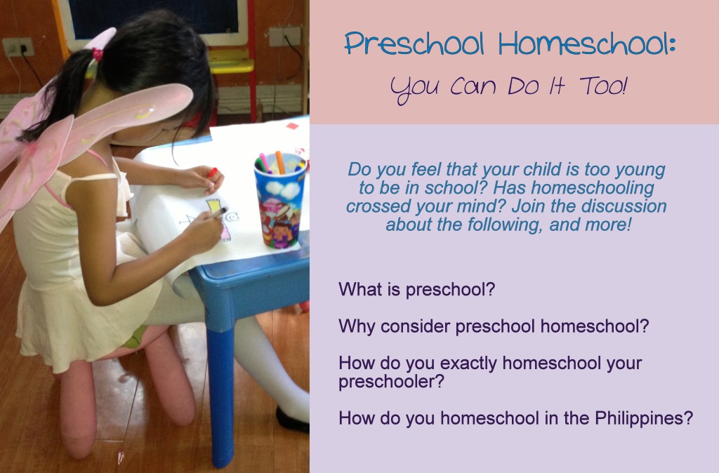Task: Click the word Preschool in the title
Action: click(414, 44)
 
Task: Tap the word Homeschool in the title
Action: click(588, 44)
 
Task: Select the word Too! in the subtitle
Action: click(603, 86)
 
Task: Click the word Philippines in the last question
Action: click(644, 418)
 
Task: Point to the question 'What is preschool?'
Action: click(417, 290)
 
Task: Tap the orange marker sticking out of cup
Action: click(279, 162)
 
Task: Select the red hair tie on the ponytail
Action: click(98, 55)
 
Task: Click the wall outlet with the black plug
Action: click(18, 47)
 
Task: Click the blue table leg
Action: click(220, 394)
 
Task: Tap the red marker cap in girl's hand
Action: click(212, 173)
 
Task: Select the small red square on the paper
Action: click(292, 126)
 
